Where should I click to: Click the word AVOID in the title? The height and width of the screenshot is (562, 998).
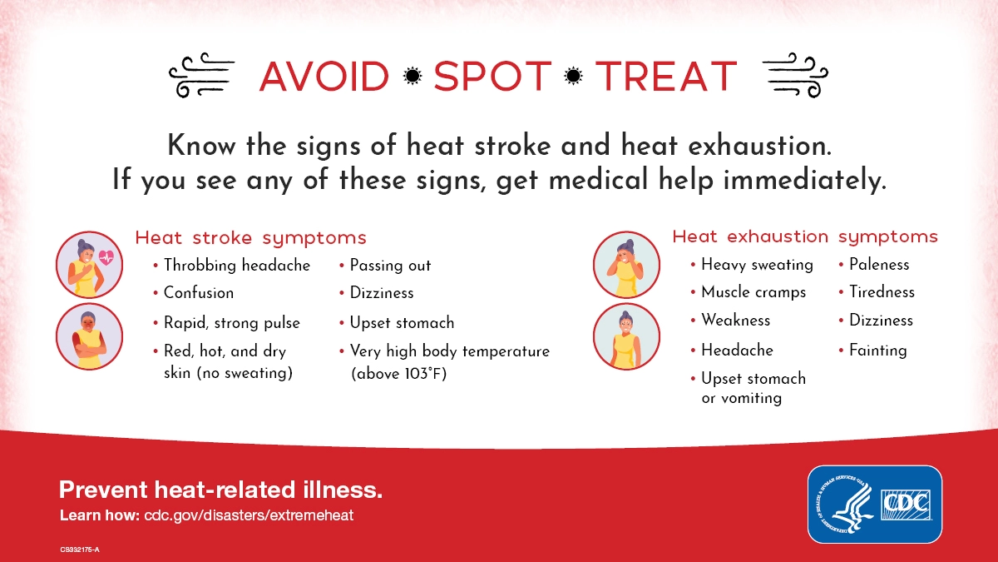[x=324, y=77]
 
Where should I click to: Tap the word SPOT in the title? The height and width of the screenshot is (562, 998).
[x=492, y=77]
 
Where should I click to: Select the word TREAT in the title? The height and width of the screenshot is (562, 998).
[x=666, y=77]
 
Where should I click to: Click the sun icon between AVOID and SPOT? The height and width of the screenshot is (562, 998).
[x=413, y=77]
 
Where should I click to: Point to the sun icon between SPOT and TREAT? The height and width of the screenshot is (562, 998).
[x=573, y=77]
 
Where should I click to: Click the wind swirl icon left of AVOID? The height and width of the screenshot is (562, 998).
[x=202, y=75]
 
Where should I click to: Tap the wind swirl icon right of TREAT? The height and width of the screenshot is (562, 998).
[x=795, y=75]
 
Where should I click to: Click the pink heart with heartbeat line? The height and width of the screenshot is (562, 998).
[x=106, y=257]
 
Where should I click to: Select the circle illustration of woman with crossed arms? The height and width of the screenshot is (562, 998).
[x=89, y=336]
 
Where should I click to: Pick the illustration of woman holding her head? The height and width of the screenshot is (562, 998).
[x=626, y=265]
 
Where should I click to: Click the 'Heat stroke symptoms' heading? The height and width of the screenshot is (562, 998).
[x=251, y=238]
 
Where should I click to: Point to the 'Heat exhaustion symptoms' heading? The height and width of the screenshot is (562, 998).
[x=805, y=236]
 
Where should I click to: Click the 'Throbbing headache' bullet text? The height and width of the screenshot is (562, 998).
[x=237, y=266]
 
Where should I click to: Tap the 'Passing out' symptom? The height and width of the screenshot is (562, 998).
[x=390, y=266]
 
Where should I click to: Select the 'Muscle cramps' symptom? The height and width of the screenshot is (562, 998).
[x=753, y=292]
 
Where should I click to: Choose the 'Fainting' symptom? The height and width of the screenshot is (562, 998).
[x=877, y=351]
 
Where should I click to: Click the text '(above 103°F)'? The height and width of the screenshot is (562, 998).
[x=398, y=374]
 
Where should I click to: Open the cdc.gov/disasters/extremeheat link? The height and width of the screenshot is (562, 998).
[x=249, y=515]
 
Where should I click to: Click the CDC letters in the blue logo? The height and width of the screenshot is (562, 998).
[x=906, y=505]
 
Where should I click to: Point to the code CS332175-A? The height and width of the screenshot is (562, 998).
[x=80, y=550]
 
